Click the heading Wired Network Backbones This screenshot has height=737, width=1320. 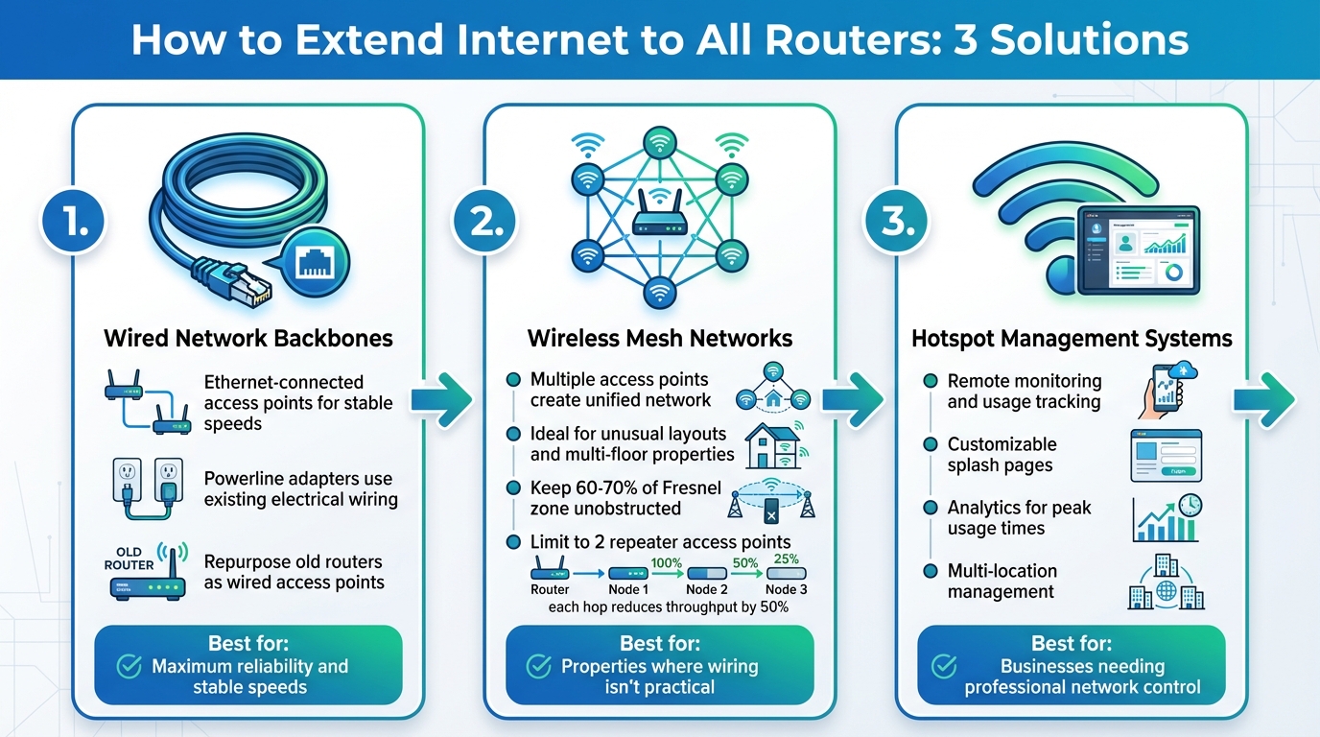pos(248,338)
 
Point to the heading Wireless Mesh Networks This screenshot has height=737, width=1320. pos(660,338)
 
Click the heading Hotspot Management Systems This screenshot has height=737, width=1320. pos(1072,338)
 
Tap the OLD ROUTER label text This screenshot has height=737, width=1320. pos(129,559)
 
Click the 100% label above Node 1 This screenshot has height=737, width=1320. pos(666,564)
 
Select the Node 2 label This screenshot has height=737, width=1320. pos(707,589)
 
